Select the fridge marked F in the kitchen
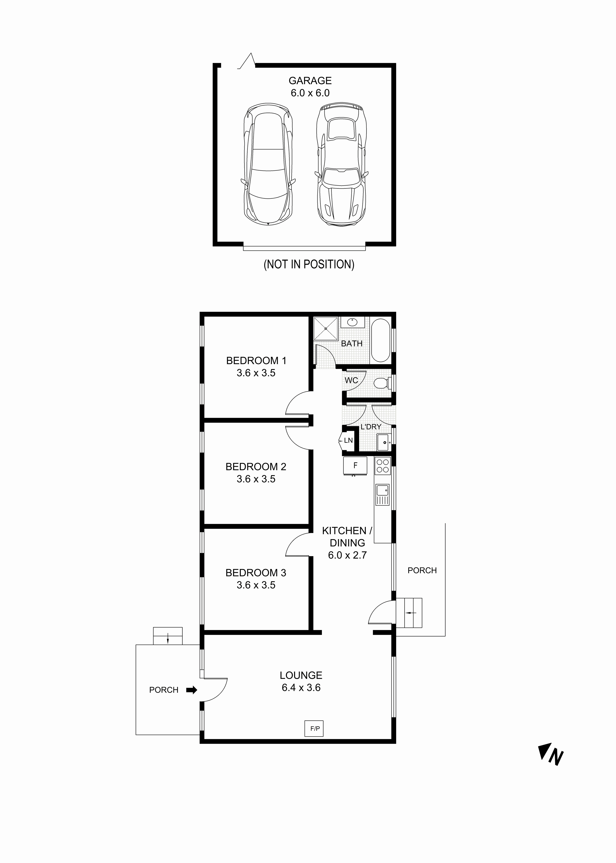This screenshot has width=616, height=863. click(355, 465)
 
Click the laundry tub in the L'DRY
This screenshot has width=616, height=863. click(384, 442)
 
